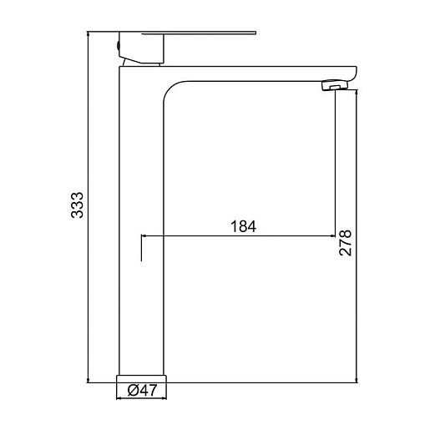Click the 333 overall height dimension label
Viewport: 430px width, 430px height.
(77, 205)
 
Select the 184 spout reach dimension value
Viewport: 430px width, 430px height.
(244, 226)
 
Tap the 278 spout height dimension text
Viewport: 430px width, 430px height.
(346, 243)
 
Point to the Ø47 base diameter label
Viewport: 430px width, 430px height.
(142, 390)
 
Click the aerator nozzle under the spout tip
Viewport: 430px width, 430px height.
(335, 85)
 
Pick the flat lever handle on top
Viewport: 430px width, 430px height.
(199, 33)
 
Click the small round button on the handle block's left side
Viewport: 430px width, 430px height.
(118, 45)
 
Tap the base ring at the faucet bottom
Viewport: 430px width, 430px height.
(141, 378)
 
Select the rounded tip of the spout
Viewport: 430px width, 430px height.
(353, 73)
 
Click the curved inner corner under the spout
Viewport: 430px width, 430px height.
(170, 88)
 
